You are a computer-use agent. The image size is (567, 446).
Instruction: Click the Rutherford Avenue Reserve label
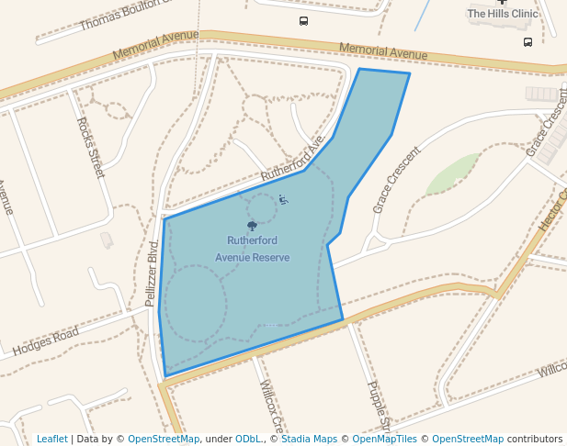point(252,250)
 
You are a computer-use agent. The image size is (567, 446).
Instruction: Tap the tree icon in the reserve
point(252,226)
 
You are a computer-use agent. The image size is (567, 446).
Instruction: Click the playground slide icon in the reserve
point(283,200)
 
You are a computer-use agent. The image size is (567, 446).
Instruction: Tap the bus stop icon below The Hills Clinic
point(527,42)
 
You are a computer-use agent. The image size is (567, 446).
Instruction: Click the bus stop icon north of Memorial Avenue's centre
point(303,21)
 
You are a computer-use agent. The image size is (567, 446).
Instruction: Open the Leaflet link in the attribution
point(52,440)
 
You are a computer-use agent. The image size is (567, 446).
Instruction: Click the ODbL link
point(249,440)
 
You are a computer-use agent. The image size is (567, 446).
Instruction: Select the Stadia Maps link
point(309,440)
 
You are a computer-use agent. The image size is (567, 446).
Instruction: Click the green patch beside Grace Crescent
point(452,174)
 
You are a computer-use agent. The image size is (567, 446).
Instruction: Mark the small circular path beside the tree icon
point(261,209)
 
